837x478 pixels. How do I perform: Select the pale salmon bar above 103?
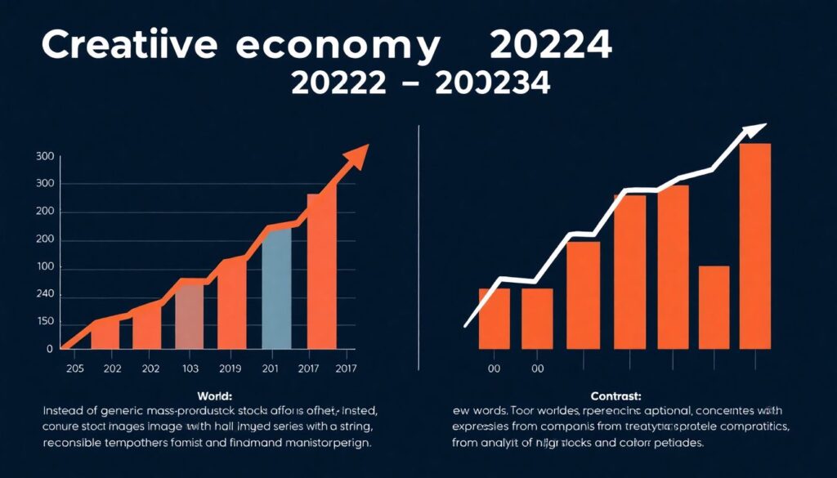[190, 315]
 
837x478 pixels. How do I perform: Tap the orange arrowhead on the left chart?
[356, 155]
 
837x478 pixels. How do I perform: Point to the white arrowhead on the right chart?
[755, 130]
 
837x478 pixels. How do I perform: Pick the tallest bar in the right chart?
[754, 245]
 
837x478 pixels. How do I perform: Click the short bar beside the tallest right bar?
[714, 306]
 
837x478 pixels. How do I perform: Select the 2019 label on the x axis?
[230, 369]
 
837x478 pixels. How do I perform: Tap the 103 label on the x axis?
[190, 369]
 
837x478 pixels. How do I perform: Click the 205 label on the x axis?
[74, 369]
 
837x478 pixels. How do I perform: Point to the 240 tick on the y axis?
[45, 294]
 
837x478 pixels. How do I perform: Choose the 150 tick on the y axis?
[45, 322]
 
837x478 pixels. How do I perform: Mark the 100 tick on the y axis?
[45, 268]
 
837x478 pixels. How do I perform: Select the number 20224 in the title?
[550, 47]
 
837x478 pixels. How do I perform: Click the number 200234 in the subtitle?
[493, 83]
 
